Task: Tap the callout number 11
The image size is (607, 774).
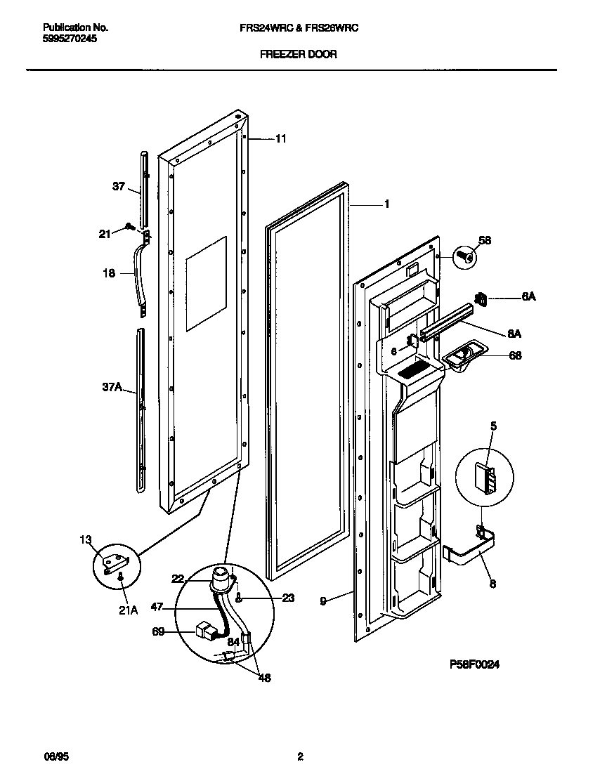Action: (280, 139)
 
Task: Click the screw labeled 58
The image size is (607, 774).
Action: (464, 256)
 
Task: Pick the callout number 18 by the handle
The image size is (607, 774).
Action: (109, 274)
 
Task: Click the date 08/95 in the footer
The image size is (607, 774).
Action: (56, 756)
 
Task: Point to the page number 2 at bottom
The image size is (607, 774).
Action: (300, 756)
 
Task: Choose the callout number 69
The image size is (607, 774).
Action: (158, 632)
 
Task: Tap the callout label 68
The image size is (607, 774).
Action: (515, 356)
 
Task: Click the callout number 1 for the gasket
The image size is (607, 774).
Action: (386, 204)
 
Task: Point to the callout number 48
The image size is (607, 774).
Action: (264, 678)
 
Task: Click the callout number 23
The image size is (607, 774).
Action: (287, 598)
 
